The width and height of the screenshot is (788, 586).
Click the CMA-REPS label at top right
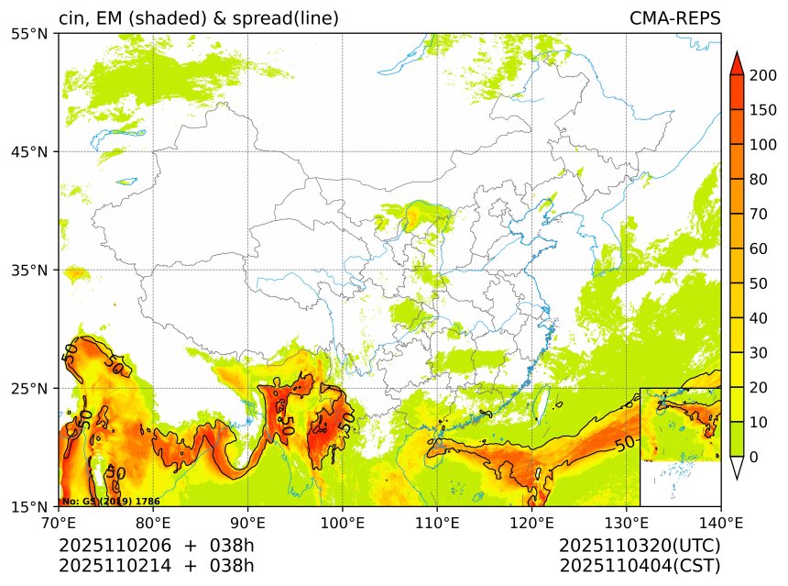pos(674,18)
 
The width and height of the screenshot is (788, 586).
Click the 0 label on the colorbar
pos(753,457)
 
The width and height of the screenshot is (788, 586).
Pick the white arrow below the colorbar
pos(736,469)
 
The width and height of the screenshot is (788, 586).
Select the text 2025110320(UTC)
pos(640,546)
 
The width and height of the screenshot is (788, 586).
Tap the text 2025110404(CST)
pos(640,565)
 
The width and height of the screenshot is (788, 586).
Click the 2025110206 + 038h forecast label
pos(156,546)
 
